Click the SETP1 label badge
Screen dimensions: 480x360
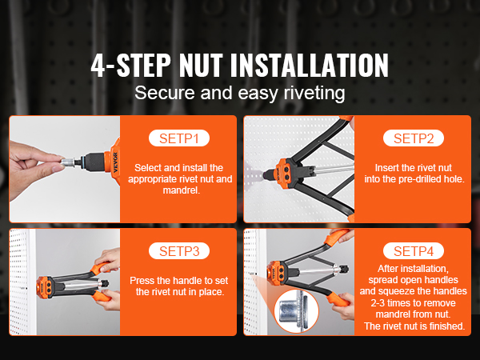179,138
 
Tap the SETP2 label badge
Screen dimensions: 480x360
414,138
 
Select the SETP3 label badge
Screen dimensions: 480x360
179,251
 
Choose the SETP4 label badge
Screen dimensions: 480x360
414,251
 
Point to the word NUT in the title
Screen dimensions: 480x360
201,66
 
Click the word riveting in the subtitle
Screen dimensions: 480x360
314,93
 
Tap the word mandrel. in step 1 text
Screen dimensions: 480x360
182,190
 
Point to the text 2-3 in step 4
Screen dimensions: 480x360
378,303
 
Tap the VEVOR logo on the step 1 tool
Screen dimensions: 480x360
115,162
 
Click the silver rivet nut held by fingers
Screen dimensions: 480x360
68,162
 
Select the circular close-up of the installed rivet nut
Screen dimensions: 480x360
296,311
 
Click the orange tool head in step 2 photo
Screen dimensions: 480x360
284,169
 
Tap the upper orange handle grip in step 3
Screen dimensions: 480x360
101,267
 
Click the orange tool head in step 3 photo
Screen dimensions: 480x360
45,287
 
